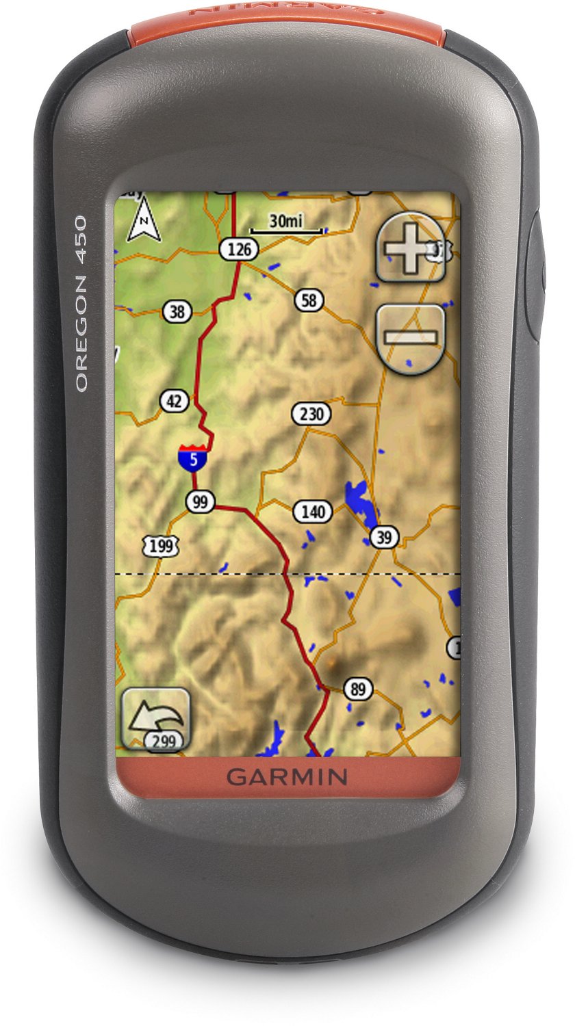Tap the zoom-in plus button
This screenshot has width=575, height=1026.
411,247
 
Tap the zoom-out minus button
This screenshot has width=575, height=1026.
411,337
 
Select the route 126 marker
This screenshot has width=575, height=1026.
239,250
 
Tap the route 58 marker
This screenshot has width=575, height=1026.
309,300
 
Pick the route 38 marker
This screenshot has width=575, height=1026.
177,312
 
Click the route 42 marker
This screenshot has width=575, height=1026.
175,401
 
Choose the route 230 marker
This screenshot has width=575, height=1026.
311,414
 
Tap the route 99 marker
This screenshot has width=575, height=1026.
200,502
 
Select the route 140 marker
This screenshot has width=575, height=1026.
312,511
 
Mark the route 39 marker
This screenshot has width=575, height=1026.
384,538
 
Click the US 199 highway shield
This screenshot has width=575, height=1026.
162,546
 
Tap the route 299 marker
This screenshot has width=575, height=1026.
164,740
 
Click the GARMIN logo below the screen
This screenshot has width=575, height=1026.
287,776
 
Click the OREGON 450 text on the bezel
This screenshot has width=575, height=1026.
81,304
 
